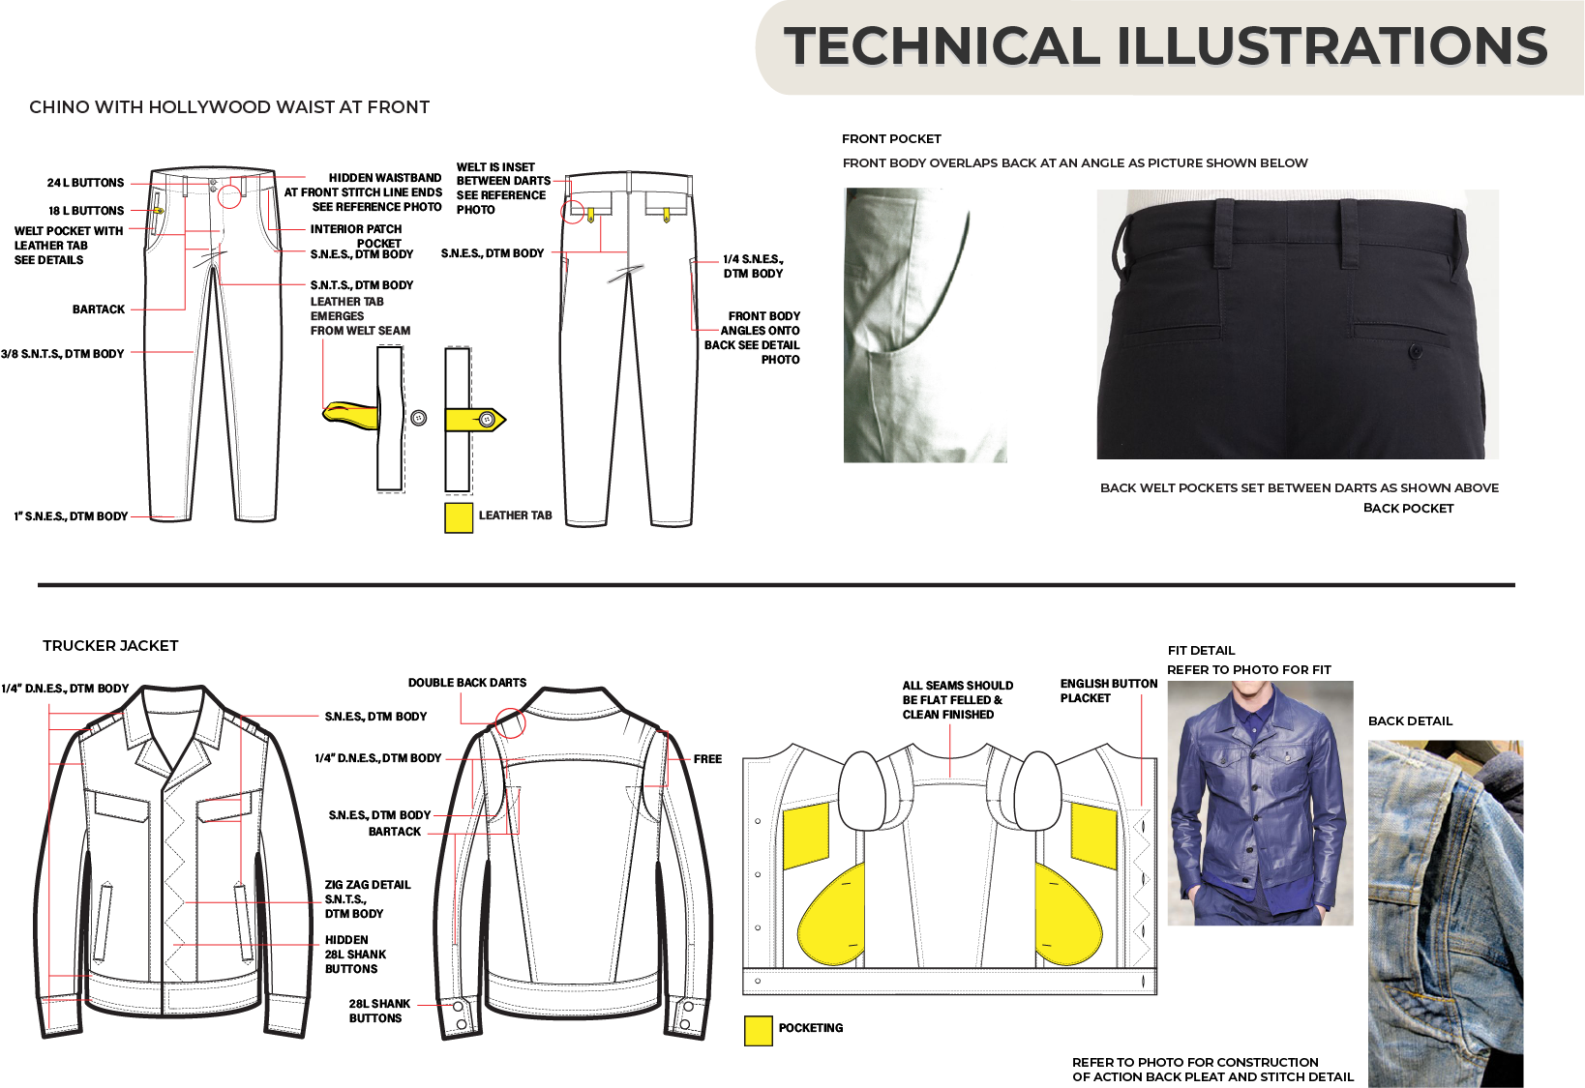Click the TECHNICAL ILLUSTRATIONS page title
(x=1165, y=46)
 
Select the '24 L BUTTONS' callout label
(x=85, y=183)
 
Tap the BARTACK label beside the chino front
(x=99, y=309)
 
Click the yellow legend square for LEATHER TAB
(x=459, y=517)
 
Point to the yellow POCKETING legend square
(x=758, y=1031)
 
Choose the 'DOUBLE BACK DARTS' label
(x=467, y=683)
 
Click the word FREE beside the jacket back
(x=707, y=759)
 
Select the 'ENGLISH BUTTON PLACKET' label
(x=1108, y=691)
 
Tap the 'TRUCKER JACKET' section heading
(x=110, y=646)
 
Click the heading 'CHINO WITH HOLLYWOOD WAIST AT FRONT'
(x=229, y=107)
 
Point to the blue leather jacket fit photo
(x=1260, y=803)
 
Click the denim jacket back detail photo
(x=1445, y=914)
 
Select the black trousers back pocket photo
(x=1297, y=324)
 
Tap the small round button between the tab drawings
(x=419, y=418)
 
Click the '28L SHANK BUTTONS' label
(x=378, y=1011)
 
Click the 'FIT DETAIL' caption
(x=1201, y=651)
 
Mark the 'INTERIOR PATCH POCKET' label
(x=356, y=236)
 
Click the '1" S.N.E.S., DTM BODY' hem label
(x=71, y=516)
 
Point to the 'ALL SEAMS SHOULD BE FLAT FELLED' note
(x=957, y=700)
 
